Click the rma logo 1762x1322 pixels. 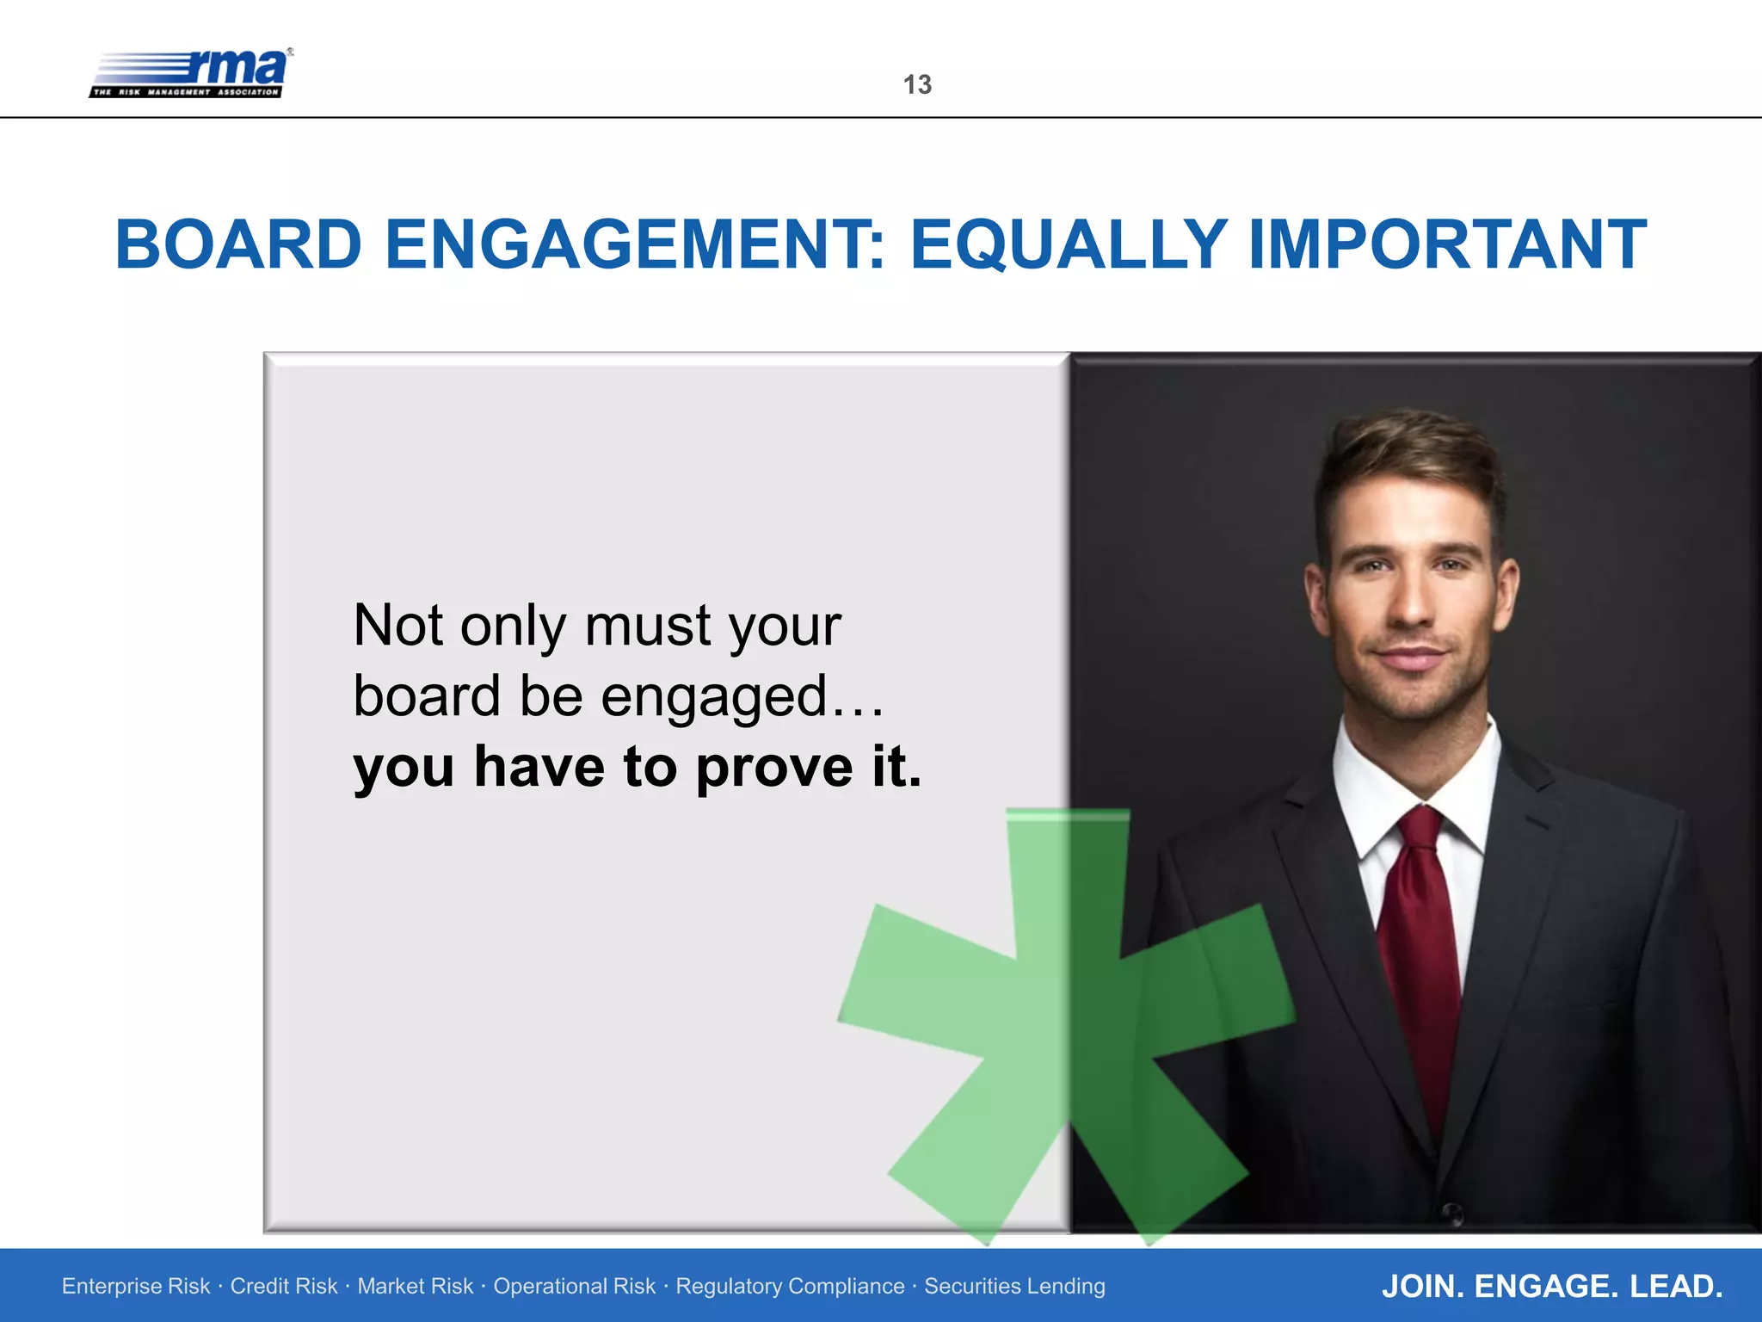pyautogui.click(x=191, y=73)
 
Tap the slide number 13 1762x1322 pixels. pyautogui.click(x=917, y=84)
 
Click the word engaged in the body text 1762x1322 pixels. pyautogui.click(x=713, y=697)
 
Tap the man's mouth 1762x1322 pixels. pyautogui.click(x=1411, y=658)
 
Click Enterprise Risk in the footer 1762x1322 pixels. pyautogui.click(x=136, y=1286)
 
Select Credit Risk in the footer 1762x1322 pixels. pyautogui.click(x=284, y=1286)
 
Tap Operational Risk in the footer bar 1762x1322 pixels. pyautogui.click(x=574, y=1286)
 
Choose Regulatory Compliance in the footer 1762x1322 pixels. pyautogui.click(x=790, y=1286)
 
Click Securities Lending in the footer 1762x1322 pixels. pyautogui.click(x=1014, y=1286)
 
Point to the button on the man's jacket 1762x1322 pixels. pyautogui.click(x=1452, y=1213)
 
